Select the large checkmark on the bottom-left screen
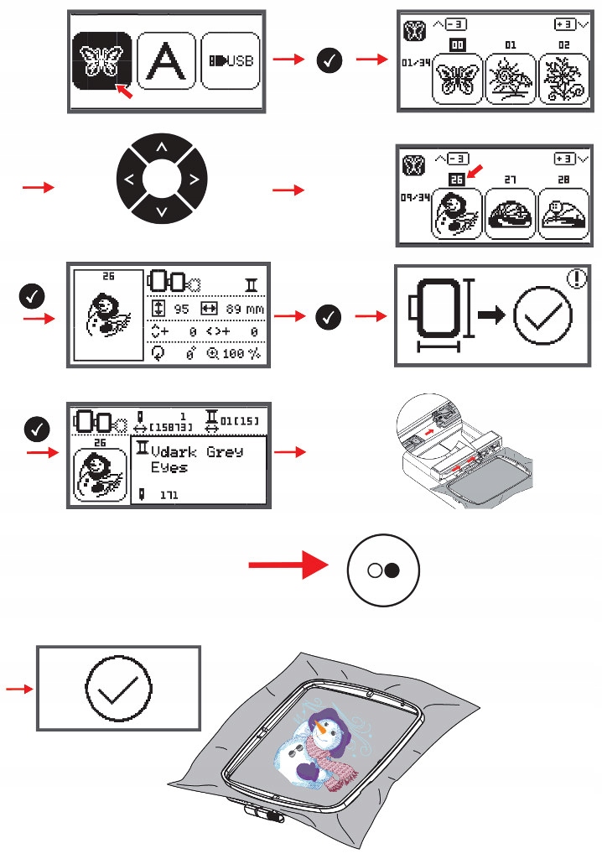117,690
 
